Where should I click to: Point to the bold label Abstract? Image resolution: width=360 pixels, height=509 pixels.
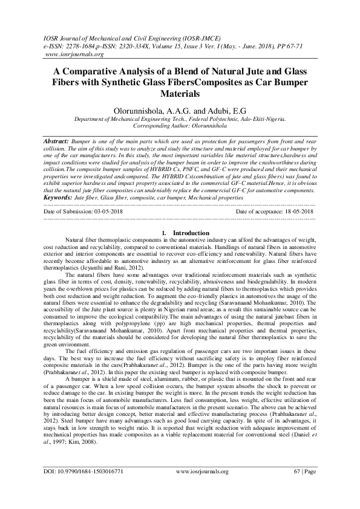point(56,140)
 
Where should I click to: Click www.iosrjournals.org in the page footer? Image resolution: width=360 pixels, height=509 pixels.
point(202,487)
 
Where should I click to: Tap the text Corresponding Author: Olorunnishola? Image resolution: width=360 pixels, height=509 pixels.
point(180,126)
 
